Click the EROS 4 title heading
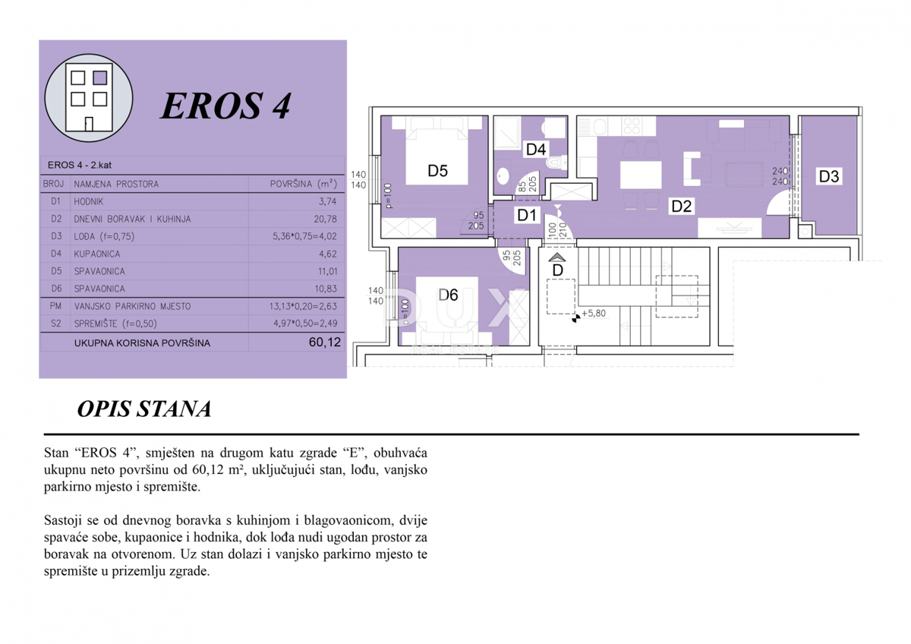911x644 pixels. [225, 106]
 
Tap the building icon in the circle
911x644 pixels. [89, 98]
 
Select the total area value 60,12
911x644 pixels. [325, 343]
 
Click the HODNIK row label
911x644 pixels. [89, 201]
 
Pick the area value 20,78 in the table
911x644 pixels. [326, 219]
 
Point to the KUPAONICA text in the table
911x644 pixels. [97, 254]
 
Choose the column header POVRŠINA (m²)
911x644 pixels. [304, 184]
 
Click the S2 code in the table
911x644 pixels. [55, 324]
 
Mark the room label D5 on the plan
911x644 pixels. [437, 171]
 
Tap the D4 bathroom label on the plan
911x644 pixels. [536, 150]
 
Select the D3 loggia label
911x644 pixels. [828, 176]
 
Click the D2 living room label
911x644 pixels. [681, 206]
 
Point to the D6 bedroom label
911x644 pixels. [448, 295]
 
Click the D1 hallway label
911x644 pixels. [526, 215]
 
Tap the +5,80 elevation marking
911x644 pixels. [594, 313]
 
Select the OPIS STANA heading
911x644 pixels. [144, 409]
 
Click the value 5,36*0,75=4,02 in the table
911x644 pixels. [304, 236]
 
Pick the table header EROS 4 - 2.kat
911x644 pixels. [79, 165]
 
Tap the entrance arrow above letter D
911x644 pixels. [556, 257]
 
